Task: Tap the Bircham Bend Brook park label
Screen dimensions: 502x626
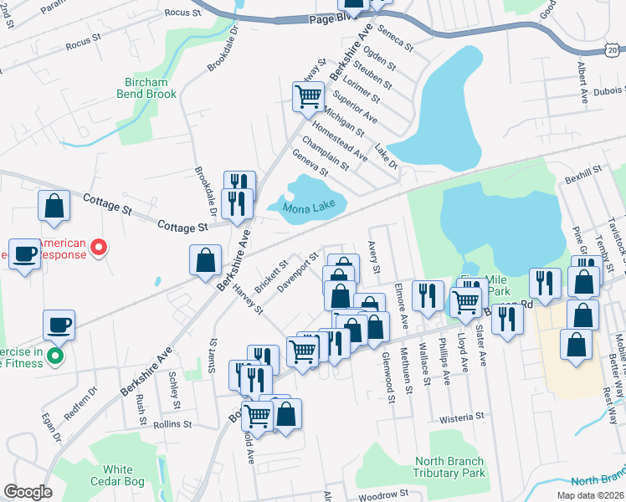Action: click(151, 88)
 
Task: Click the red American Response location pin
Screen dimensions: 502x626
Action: click(99, 248)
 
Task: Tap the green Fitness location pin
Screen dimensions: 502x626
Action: click(55, 357)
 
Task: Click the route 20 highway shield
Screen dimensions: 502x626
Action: click(614, 52)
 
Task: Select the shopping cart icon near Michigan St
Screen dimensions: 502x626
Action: click(308, 96)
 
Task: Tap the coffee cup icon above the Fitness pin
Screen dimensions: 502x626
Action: click(59, 324)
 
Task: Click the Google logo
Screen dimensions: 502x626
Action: click(28, 492)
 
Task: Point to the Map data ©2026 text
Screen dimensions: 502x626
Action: click(589, 495)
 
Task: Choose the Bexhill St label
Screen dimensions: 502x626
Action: click(583, 171)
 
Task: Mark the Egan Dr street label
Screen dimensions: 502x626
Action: click(52, 427)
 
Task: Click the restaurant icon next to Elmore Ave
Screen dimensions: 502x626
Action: click(428, 295)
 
